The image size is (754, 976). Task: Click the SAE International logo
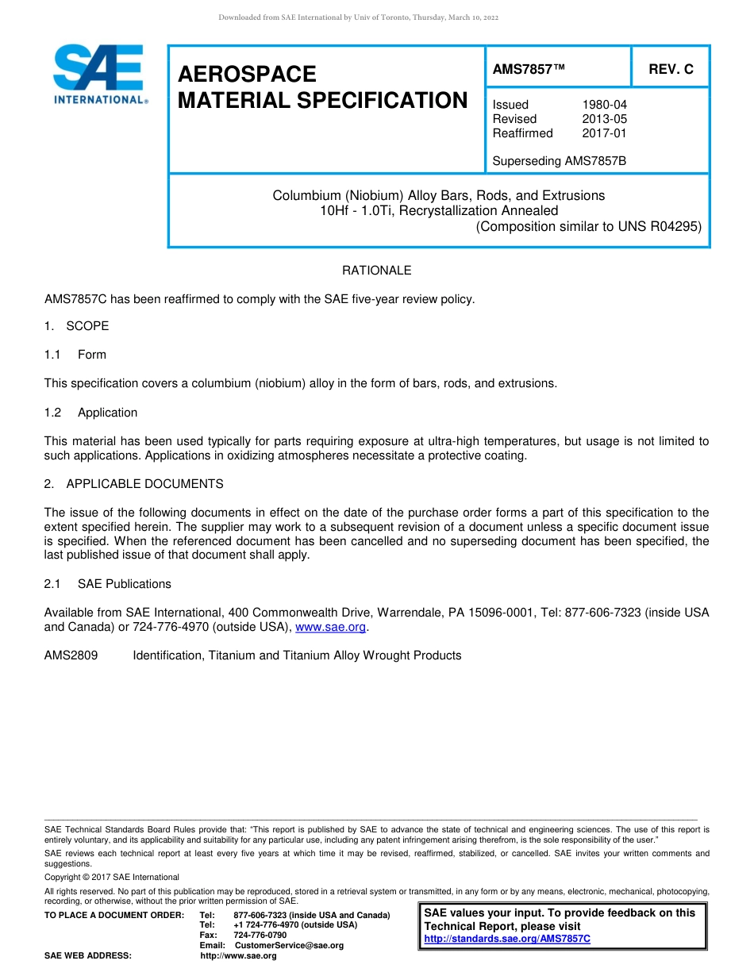pos(99,74)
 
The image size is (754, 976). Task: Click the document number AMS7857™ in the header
pos(529,69)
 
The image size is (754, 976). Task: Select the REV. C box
pos(671,69)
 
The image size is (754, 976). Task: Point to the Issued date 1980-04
pos(604,105)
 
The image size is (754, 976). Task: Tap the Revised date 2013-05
pos(604,119)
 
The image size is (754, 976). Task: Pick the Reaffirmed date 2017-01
pos(604,133)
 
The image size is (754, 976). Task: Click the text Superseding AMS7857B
pos(559,161)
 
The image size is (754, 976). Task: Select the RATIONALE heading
pos(376,271)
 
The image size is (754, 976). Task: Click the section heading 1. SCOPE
pos(76,326)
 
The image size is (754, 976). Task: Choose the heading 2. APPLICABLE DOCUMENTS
pos(133,484)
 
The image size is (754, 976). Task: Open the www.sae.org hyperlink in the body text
pos(330,628)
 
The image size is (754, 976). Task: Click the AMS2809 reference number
pos(71,655)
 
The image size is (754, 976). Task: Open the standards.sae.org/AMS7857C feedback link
pos(507,939)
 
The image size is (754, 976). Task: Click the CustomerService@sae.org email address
pos(289,945)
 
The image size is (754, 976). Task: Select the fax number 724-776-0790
pos(260,935)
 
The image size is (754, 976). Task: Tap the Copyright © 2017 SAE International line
pos(112,877)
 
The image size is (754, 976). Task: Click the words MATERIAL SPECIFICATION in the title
pos(322,101)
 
